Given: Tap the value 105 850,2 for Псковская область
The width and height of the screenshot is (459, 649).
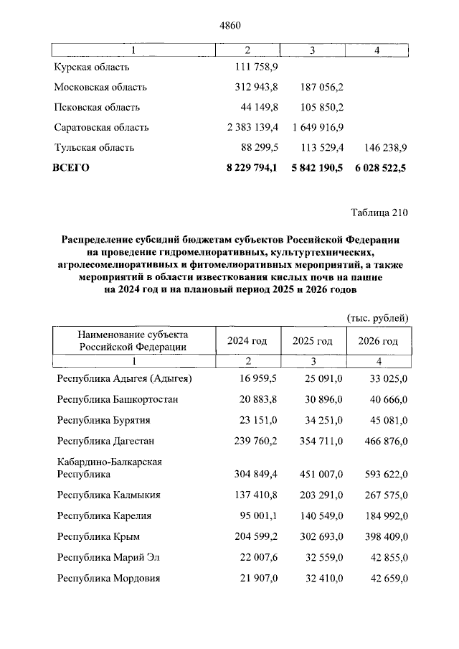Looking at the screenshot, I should pos(323,107).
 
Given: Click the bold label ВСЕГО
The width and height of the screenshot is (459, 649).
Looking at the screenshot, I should pos(71,167).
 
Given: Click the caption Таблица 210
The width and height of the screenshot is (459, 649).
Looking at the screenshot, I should pos(379,213).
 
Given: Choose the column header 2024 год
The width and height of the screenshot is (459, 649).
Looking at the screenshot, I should pos(247,340).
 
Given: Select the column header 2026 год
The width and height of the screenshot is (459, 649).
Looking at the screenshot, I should pos(377,340).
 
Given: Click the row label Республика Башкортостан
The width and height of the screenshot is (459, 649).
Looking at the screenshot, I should pos(118,399).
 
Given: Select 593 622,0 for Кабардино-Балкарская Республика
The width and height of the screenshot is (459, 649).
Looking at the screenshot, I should pos(385,474).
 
